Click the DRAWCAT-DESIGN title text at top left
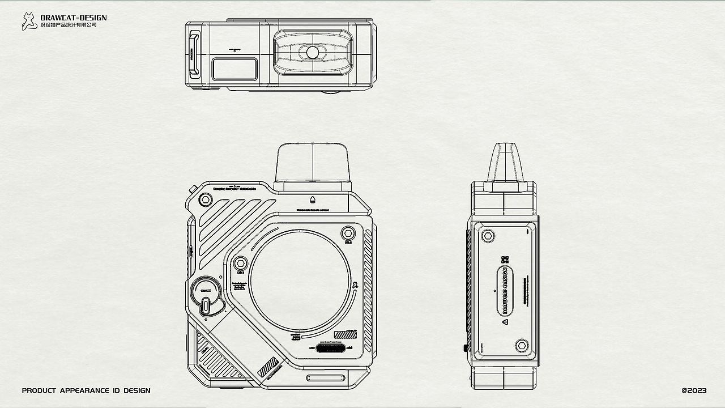[x=74, y=18]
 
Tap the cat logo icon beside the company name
[x=29, y=21]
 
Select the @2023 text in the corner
[x=694, y=390]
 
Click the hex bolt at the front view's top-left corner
[x=206, y=199]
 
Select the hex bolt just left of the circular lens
[x=240, y=263]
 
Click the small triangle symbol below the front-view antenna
[x=312, y=199]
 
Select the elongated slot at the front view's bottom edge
[x=325, y=378]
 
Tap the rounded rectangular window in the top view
[x=234, y=69]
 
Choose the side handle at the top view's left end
[x=194, y=54]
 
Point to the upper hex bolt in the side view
[x=487, y=235]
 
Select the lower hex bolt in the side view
[x=522, y=345]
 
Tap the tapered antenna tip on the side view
[x=504, y=161]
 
